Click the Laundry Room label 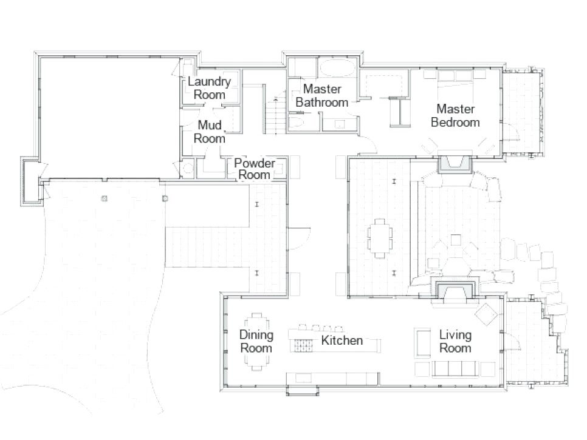coord(209,88)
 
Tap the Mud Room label coord(209,132)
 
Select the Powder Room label coord(255,169)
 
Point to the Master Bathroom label coord(322,95)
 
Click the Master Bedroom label coord(455,115)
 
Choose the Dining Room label coord(256,341)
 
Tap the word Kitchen coord(342,340)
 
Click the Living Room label coord(455,341)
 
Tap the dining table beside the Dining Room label coord(256,342)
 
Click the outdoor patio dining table coord(380,238)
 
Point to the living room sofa coord(456,368)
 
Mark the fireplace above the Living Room coord(454,288)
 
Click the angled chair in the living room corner coord(486,314)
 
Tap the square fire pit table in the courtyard coord(456,240)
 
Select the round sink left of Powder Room coord(187,168)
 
